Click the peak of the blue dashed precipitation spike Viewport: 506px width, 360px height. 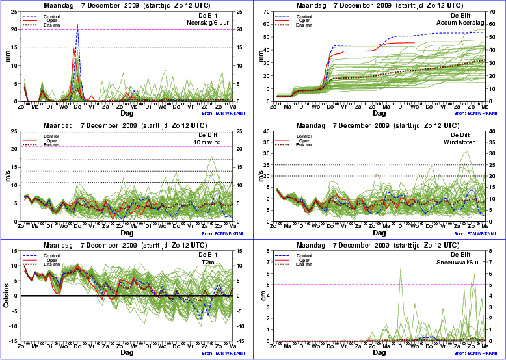click(x=77, y=25)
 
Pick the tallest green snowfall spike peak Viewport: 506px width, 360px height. click(x=400, y=268)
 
